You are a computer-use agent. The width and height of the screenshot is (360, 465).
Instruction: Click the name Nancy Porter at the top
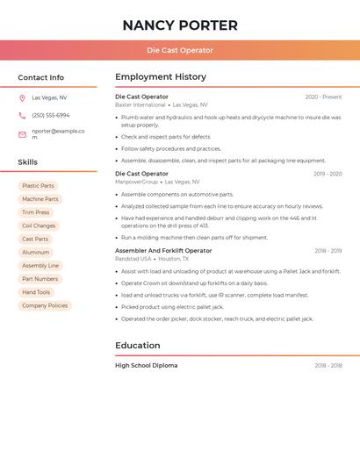click(180, 25)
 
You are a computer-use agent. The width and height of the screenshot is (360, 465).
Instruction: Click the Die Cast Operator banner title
click(180, 50)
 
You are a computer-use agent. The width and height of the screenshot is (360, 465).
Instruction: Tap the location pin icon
click(22, 97)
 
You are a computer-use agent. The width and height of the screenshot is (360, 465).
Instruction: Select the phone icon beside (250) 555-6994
click(22, 115)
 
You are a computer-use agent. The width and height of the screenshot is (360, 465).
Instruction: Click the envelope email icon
click(22, 133)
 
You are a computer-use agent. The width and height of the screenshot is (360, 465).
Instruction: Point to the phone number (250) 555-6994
click(51, 115)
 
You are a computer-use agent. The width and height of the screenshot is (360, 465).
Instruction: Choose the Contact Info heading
click(41, 77)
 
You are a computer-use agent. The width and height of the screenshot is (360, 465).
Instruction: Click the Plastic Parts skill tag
click(38, 186)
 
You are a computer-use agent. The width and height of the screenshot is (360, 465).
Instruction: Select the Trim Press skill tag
click(36, 212)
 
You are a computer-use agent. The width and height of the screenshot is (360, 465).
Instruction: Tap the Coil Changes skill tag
click(39, 225)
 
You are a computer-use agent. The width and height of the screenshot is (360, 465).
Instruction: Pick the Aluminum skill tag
click(36, 253)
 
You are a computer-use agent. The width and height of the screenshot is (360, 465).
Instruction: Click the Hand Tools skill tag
click(36, 292)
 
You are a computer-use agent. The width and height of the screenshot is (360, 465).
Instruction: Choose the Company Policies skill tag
click(45, 305)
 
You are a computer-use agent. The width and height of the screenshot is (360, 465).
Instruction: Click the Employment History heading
click(161, 77)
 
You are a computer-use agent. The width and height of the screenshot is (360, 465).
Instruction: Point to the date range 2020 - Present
click(323, 97)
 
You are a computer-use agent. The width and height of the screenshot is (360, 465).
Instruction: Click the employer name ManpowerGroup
click(137, 182)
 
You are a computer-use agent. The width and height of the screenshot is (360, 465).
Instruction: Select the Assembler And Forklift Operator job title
click(163, 251)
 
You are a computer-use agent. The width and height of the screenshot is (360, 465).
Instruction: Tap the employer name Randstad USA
click(133, 259)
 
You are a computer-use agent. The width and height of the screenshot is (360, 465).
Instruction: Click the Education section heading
click(138, 346)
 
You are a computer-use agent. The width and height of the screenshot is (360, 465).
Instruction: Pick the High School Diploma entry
click(146, 365)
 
